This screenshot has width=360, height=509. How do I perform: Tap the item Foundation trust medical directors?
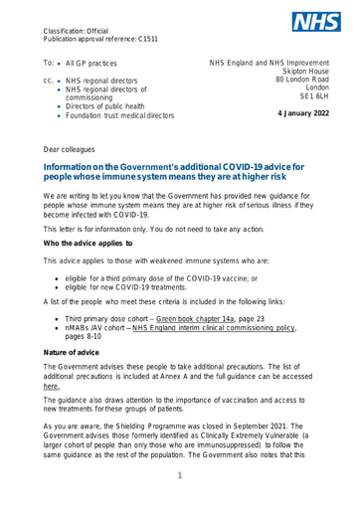pyautogui.click(x=119, y=116)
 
